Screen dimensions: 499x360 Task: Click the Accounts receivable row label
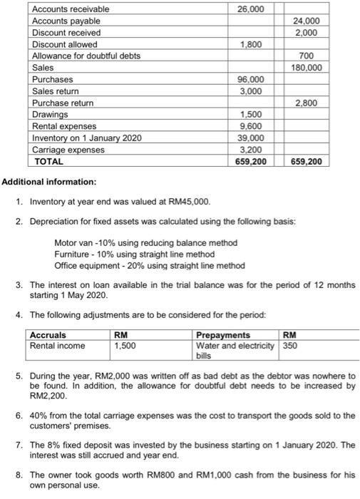71,9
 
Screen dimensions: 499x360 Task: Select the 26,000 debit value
250,9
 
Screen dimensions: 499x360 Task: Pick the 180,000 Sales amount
306,67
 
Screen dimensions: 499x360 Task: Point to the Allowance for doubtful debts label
86,56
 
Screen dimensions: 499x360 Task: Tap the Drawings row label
51,114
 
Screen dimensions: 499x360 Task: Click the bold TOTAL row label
49,161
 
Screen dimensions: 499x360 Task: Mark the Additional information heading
48,182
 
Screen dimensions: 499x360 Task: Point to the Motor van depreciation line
145,243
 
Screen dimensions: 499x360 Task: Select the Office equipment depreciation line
149,265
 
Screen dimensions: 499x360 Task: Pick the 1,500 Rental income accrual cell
125,346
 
